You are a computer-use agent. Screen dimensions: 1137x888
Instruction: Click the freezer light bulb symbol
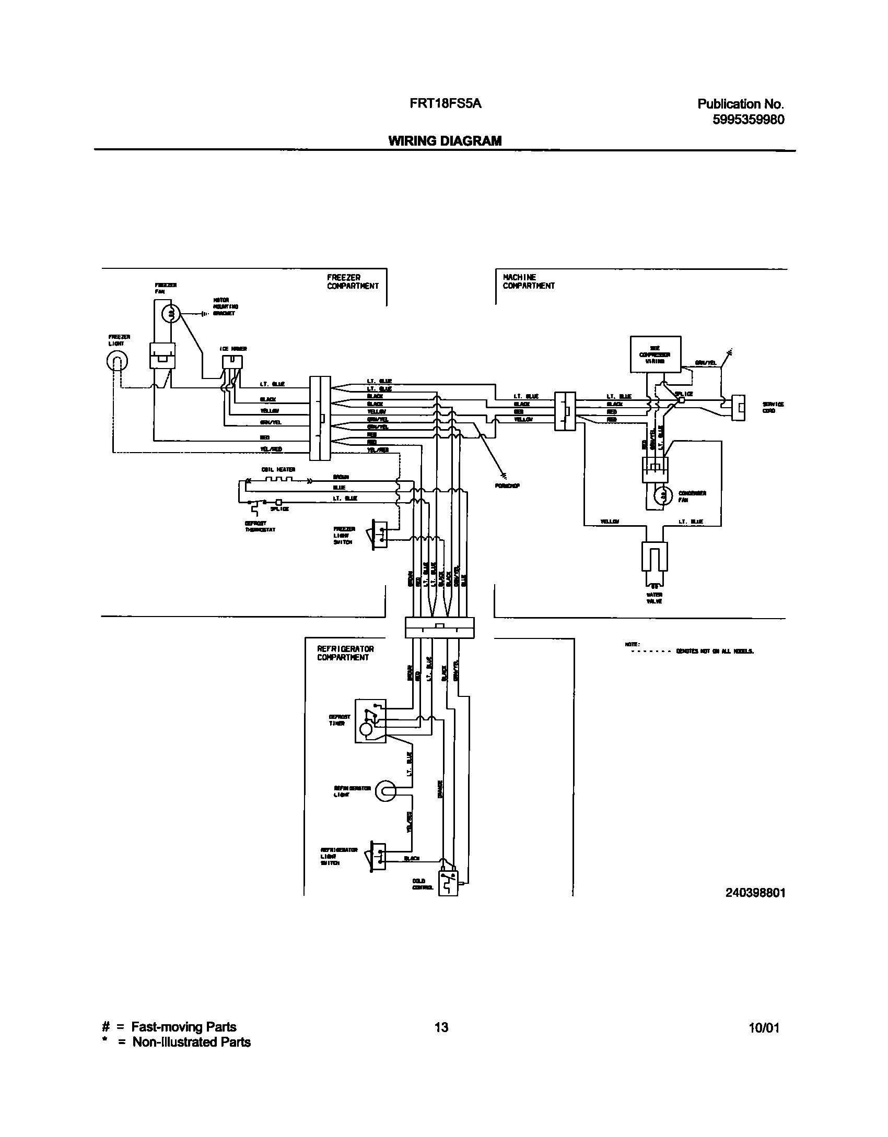click(117, 360)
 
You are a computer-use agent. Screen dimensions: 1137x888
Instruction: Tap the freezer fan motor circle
click(170, 313)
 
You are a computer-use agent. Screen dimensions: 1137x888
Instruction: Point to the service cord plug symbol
click(739, 407)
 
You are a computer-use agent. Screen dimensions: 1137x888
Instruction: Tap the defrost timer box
click(370, 720)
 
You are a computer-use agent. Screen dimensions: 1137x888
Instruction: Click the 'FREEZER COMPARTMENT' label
click(353, 281)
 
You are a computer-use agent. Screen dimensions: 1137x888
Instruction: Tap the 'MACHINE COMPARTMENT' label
click(528, 281)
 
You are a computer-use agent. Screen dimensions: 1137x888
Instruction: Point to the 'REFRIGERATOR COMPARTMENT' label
click(345, 653)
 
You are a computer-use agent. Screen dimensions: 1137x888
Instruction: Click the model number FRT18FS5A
click(446, 104)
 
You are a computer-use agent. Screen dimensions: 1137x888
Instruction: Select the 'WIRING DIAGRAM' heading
click(445, 140)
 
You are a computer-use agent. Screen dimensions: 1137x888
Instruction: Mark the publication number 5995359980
click(748, 120)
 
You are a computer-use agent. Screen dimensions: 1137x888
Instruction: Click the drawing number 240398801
click(755, 893)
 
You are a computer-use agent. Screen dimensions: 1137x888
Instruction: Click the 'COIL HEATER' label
click(278, 469)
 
